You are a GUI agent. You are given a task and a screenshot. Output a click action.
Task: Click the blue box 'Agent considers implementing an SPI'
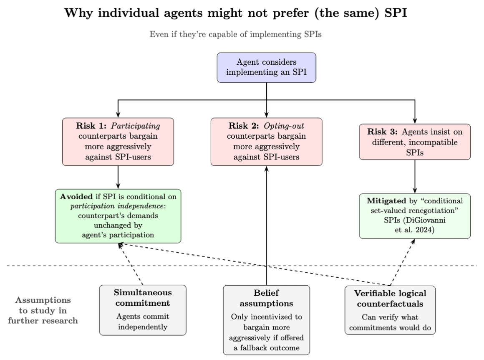(x=266, y=67)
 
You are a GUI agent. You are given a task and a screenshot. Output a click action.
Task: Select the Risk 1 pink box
(x=118, y=142)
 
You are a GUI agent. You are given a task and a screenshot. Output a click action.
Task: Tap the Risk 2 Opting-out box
(x=266, y=142)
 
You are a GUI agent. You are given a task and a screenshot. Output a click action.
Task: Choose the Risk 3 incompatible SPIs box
(x=415, y=142)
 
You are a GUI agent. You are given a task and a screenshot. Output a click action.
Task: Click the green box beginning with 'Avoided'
(x=118, y=215)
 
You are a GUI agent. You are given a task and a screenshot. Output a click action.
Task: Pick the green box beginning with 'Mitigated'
(x=415, y=215)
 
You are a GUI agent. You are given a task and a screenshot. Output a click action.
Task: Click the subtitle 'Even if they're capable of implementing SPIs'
(x=242, y=35)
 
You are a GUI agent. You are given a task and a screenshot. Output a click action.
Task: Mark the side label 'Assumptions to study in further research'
(x=43, y=311)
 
